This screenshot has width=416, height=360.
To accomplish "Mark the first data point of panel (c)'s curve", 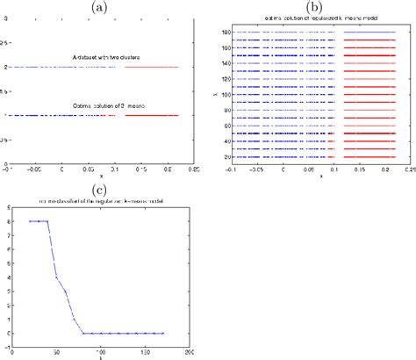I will (x=30, y=221).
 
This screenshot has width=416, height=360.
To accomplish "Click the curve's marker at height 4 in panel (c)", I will (x=56, y=277).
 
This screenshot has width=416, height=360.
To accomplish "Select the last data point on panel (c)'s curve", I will (x=163, y=333).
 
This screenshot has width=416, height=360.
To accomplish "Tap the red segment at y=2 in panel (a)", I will (x=151, y=67).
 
